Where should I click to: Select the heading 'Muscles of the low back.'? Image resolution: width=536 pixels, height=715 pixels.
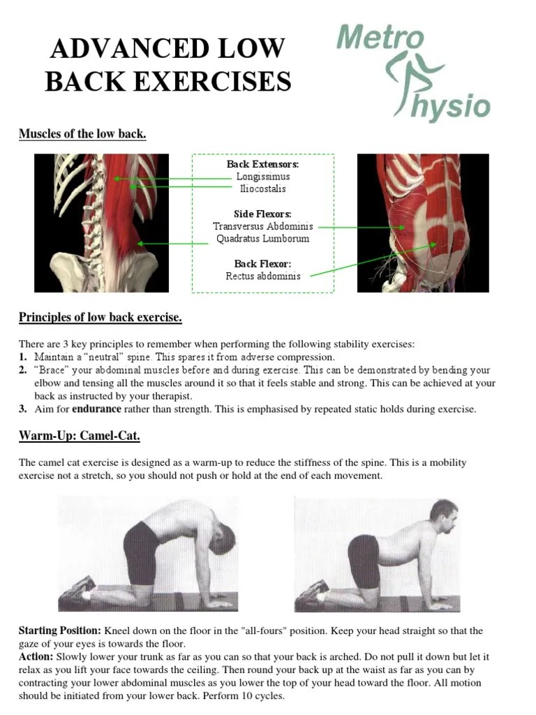(x=82, y=134)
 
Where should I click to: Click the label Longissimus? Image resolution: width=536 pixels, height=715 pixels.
(x=262, y=177)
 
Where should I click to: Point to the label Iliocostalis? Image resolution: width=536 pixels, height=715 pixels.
(x=262, y=189)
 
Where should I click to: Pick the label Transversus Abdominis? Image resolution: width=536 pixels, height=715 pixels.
(x=263, y=226)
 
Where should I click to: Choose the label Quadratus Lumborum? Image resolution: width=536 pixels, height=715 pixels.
(x=263, y=239)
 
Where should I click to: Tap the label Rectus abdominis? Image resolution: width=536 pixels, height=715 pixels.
(x=263, y=276)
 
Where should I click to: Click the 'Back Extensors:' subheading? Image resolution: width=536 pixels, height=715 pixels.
(x=262, y=164)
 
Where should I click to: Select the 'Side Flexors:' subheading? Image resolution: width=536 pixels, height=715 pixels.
(x=263, y=214)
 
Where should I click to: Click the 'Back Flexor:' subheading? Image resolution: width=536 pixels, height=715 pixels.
(x=263, y=263)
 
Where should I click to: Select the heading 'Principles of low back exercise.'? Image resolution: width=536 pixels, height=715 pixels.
(x=100, y=318)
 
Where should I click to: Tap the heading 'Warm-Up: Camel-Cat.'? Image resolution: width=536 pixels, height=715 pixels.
(x=80, y=436)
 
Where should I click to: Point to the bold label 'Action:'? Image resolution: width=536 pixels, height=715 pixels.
(x=36, y=657)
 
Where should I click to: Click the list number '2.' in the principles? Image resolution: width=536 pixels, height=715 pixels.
(x=23, y=370)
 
